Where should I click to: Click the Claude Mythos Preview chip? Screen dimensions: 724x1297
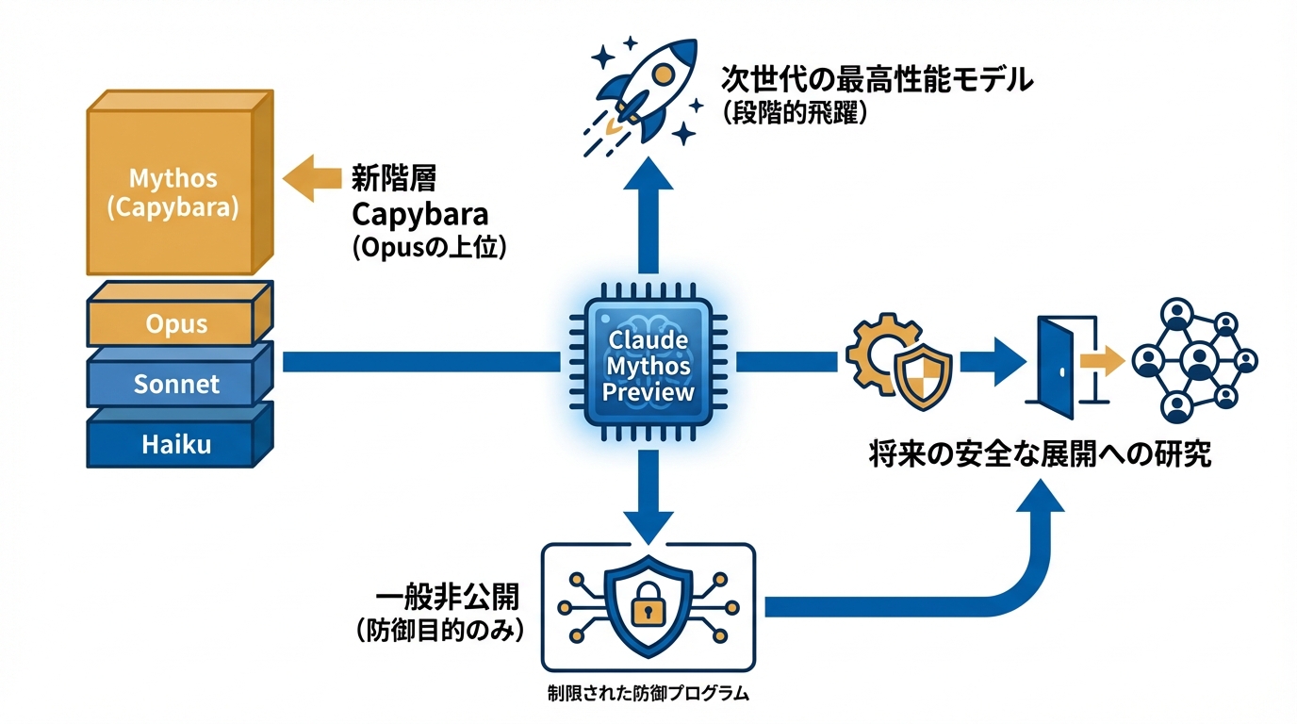648,367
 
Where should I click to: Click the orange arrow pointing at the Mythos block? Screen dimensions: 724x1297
311,179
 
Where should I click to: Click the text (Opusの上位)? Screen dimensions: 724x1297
420,249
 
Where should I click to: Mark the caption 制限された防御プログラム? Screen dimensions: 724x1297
648,694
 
